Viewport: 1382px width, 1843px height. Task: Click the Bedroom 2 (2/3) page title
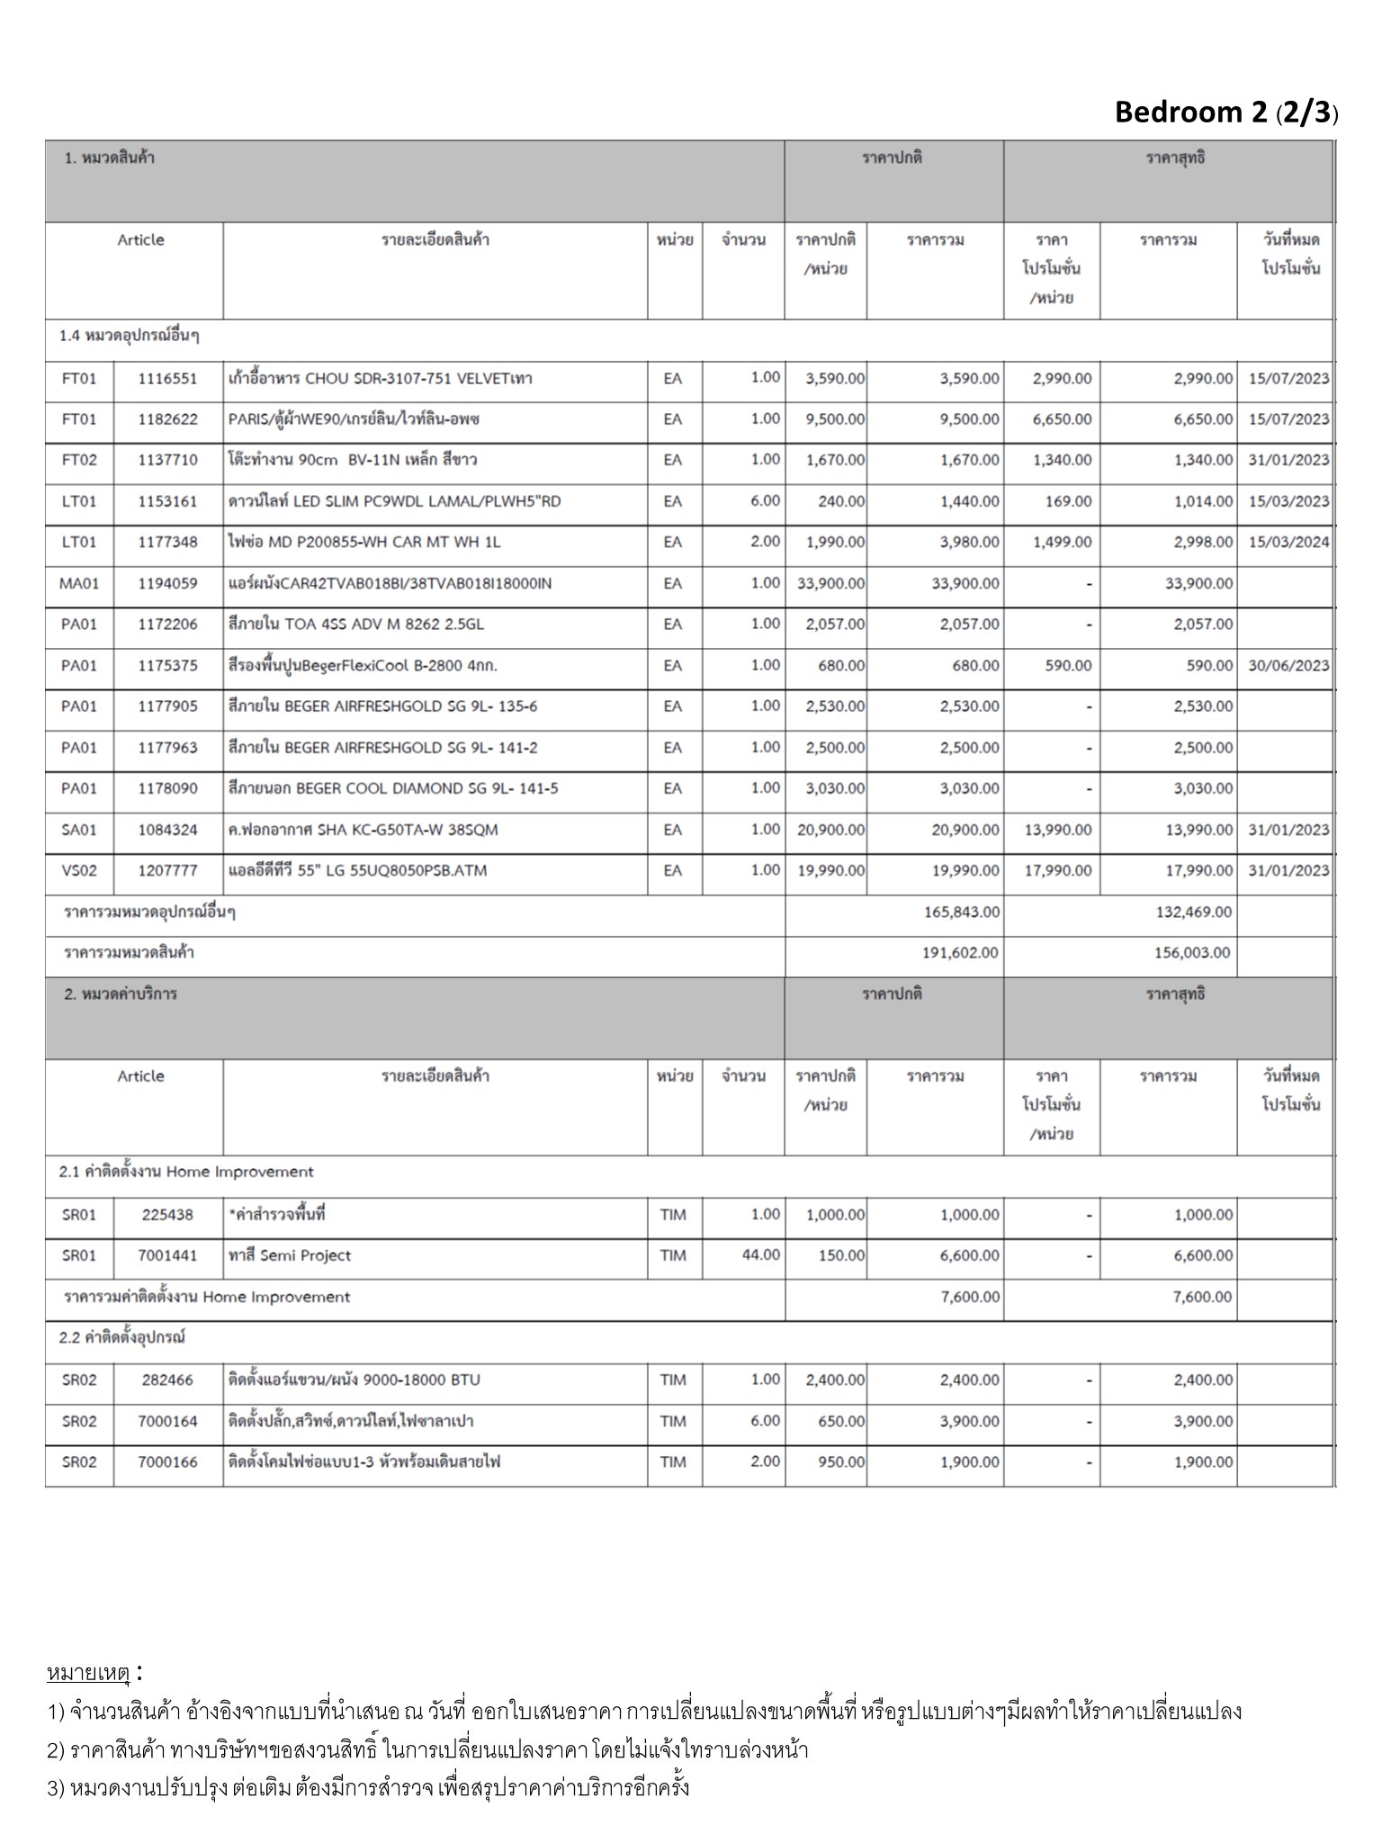coord(1225,112)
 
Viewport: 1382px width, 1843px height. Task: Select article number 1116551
coord(167,378)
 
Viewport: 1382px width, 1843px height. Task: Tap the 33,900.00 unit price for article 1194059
coord(830,583)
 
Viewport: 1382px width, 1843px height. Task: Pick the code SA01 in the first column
coord(79,830)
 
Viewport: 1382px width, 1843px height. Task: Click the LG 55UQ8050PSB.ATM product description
coord(358,870)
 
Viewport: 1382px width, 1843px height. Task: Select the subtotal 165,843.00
coord(961,912)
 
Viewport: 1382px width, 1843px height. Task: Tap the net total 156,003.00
coord(1193,952)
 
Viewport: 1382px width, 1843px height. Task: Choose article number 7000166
coord(167,1461)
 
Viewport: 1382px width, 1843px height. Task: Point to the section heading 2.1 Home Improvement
coord(186,1172)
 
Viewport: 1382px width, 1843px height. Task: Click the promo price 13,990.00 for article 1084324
coord(1058,830)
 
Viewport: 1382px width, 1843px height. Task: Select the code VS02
coord(79,870)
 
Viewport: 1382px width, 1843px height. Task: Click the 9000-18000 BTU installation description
coord(354,1380)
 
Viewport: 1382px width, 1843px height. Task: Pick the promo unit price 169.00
coord(1068,501)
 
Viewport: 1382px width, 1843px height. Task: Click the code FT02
coord(79,460)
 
